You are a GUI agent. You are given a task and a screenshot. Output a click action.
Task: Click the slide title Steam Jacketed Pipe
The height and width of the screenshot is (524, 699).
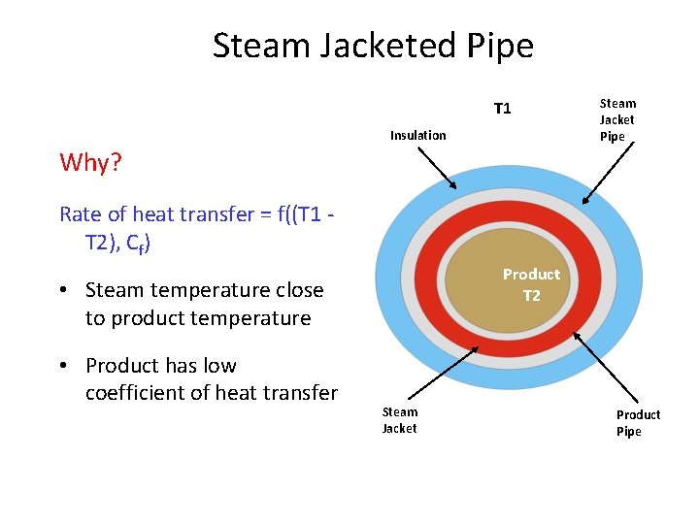373,46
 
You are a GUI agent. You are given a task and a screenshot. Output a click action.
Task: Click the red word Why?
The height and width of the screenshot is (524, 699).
90,162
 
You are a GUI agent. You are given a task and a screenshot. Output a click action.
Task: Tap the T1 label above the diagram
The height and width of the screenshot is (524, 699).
502,108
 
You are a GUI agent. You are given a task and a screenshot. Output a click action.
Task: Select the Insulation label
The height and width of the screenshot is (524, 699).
417,135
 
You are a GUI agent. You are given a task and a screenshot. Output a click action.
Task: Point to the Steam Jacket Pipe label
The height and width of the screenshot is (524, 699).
617,119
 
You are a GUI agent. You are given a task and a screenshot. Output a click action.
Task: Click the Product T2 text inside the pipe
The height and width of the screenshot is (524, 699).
531,284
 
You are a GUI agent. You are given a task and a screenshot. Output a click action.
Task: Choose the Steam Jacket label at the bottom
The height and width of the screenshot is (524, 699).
399,419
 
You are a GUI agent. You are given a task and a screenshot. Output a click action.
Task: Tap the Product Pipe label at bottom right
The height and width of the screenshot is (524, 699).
638,422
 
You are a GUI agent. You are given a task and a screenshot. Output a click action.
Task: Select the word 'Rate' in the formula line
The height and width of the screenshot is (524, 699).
81,214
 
